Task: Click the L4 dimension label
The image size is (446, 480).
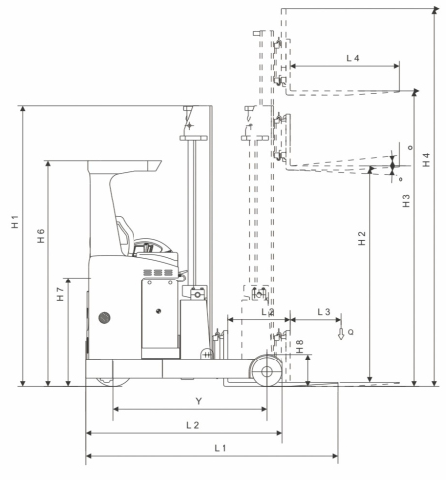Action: [352, 59]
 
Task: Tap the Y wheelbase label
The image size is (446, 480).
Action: [199, 401]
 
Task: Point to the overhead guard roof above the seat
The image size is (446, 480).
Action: [129, 161]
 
